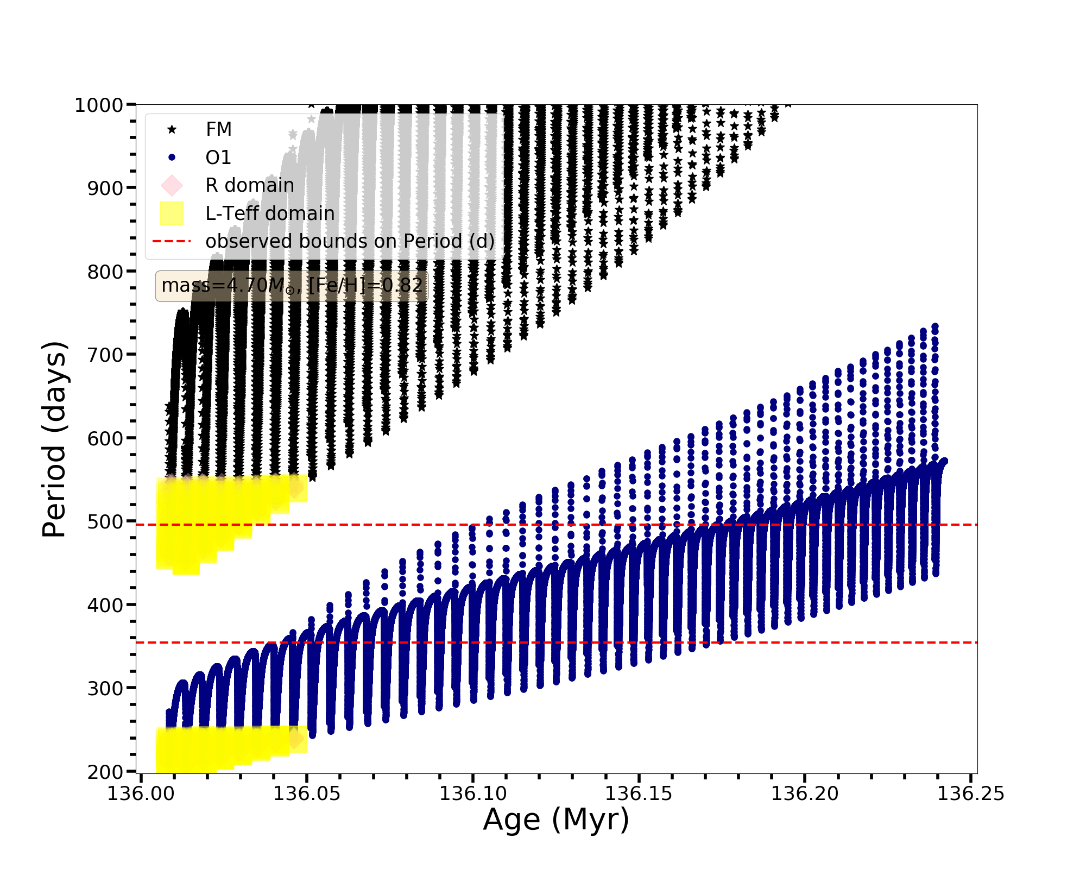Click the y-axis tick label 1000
coord(99,105)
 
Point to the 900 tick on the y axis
coord(105,188)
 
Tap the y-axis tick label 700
coord(105,355)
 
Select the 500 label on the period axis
coord(105,522)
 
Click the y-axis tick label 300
coord(105,689)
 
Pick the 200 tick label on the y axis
coord(105,772)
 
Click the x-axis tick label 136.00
coord(141,794)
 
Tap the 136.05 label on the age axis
coord(307,794)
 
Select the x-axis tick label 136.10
coord(473,794)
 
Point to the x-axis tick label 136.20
coord(805,794)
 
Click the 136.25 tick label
coord(971,794)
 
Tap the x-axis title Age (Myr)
coord(556,820)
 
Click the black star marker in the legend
coord(172,129)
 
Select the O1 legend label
coord(218,158)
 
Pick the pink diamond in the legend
coord(172,185)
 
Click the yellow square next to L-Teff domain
coord(172,213)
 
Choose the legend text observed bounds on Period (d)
coord(350,241)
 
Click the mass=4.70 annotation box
coord(292,286)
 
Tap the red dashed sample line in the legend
coord(172,241)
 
